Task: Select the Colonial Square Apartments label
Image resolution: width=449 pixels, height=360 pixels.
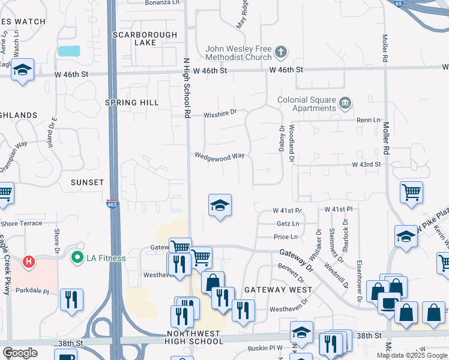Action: [306, 104]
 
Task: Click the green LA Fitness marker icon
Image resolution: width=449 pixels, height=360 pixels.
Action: [77, 259]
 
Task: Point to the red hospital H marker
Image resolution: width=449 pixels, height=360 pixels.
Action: [28, 262]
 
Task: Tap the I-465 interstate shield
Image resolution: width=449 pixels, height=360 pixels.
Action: [112, 204]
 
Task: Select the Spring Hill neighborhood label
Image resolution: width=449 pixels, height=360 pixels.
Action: [132, 103]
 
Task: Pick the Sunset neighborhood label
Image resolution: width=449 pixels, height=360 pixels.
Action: [88, 182]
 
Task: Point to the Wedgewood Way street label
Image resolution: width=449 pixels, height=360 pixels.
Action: [219, 155]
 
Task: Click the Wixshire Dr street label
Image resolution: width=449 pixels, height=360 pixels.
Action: [220, 112]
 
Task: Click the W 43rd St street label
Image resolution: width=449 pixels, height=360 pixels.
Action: [367, 164]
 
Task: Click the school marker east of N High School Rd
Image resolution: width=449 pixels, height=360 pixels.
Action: [220, 206]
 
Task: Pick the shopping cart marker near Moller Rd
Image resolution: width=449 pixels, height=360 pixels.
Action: [411, 193]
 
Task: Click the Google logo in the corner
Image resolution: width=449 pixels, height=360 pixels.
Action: [20, 353]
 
